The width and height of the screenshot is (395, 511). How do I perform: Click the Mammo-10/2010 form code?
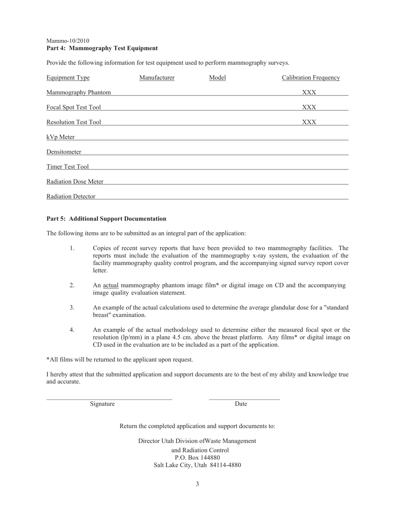tap(68, 41)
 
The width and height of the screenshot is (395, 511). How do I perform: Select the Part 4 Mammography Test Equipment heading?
tap(102, 48)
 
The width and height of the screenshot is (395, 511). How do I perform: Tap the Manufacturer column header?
tap(157, 78)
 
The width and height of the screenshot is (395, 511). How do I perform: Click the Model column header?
tap(217, 78)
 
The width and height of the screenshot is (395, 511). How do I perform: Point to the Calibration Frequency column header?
tap(311, 78)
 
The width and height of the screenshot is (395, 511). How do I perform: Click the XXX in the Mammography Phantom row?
tap(309, 92)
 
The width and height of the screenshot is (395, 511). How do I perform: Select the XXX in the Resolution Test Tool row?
tap(309, 122)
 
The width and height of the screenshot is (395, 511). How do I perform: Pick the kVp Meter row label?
tap(61, 137)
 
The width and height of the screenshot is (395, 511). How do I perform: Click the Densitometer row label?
tap(64, 152)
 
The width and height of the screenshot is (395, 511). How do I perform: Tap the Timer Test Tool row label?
tap(67, 167)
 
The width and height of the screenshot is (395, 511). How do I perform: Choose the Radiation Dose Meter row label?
tap(75, 182)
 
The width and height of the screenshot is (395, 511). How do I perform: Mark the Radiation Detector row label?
tap(71, 197)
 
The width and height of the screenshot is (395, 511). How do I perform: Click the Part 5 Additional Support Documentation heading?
tap(106, 219)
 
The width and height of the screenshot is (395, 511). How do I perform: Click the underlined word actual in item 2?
tap(111, 285)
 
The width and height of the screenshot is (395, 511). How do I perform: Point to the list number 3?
tap(72, 307)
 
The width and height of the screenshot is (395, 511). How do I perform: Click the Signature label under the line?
tap(102, 404)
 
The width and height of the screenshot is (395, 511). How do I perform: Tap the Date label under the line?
tap(241, 404)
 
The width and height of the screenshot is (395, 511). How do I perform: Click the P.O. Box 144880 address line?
tap(197, 458)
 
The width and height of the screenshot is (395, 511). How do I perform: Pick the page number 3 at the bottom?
tap(197, 484)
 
